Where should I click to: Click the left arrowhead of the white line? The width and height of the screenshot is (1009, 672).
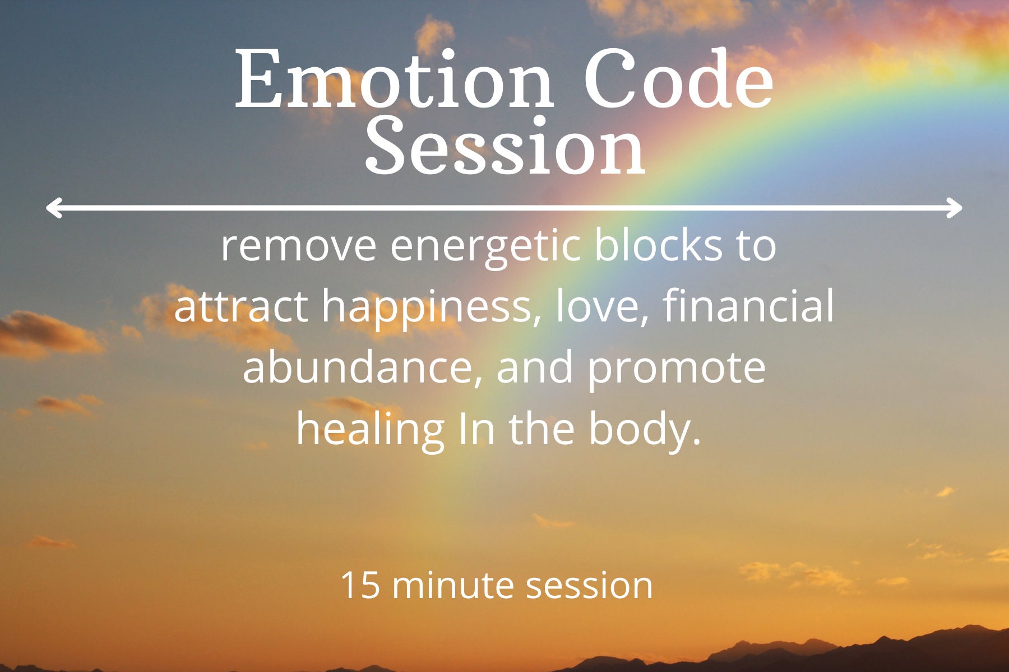[x=53, y=207]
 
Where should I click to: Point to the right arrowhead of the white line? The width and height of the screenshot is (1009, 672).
[x=955, y=207]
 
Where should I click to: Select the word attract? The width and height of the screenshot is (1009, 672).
[x=241, y=307]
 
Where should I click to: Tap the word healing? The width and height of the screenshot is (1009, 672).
[x=370, y=430]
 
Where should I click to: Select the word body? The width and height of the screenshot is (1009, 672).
[x=645, y=430]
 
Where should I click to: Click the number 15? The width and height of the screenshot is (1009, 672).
[x=360, y=586]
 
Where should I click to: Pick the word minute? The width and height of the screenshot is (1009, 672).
[x=453, y=586]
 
